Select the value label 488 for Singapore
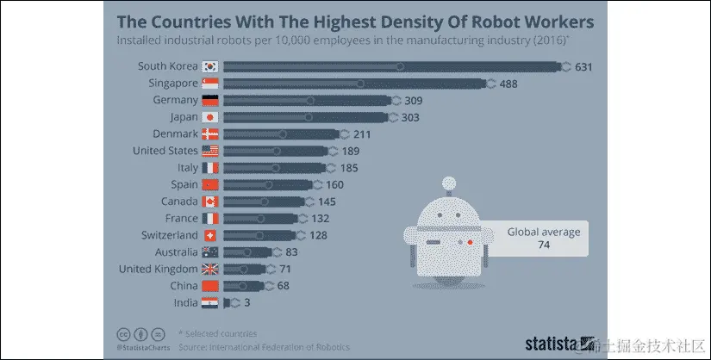tap(510, 84)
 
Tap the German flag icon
tap(210, 100)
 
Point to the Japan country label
tap(178, 117)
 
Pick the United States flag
tap(210, 151)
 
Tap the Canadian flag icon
tap(210, 202)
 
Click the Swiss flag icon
tap(210, 235)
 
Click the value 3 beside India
tap(247, 302)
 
